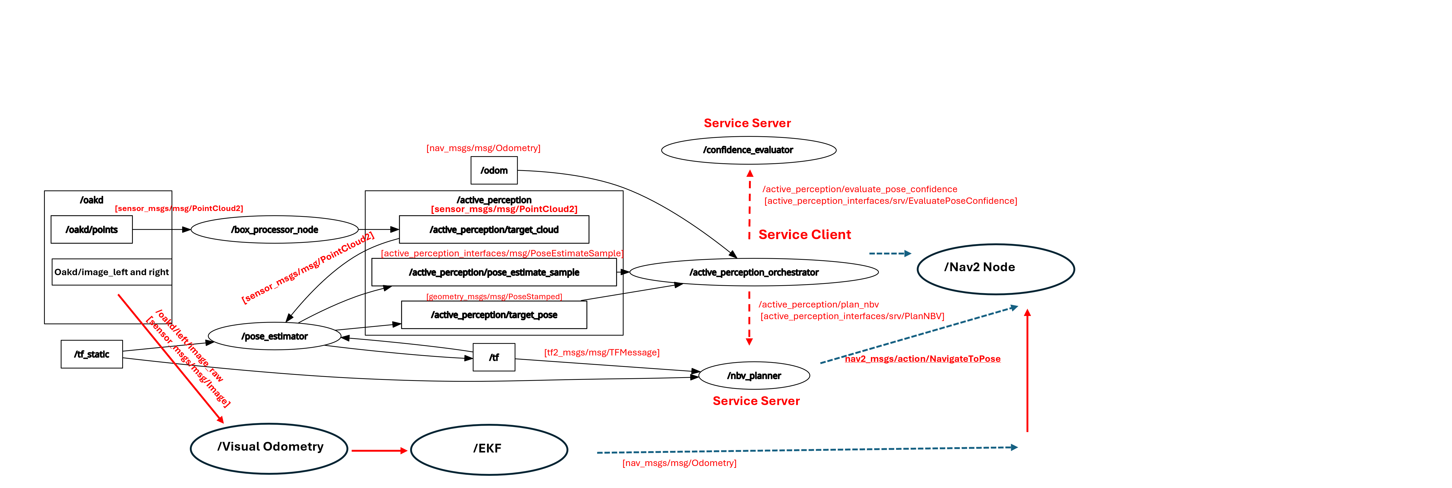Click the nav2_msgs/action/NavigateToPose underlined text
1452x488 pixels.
click(923, 358)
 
